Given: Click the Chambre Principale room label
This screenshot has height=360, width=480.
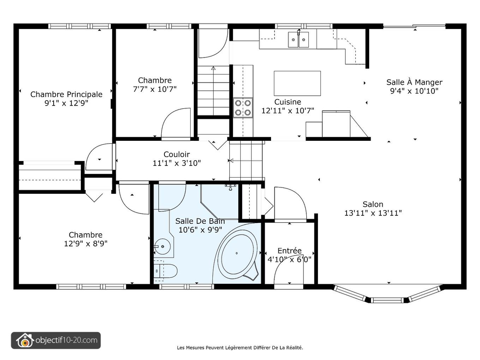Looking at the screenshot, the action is point(66,95).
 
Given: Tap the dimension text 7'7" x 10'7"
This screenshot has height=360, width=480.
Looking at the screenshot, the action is point(155,89).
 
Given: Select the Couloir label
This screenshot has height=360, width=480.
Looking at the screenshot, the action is point(177,154).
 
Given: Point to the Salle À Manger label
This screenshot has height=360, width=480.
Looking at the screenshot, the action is point(414,82).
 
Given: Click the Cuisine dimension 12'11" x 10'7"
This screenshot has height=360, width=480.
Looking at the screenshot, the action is point(288,111).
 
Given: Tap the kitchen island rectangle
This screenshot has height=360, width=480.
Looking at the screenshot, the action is point(298,83).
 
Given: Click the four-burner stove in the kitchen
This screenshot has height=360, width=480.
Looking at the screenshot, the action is point(243,108).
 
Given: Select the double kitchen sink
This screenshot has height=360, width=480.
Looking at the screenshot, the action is point(299,40).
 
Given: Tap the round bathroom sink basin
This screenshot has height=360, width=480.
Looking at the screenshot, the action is point(162,247).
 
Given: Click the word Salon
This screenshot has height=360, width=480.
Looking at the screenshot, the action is point(373,204).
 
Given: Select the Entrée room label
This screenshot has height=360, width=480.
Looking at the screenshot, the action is point(289,251).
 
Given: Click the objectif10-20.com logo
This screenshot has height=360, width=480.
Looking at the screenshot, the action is point(56,340).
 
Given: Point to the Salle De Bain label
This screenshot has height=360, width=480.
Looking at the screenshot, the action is point(200,221).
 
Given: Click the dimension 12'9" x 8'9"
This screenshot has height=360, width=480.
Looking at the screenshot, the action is point(86,244).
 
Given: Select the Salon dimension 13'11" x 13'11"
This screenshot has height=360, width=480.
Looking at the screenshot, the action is point(373,213).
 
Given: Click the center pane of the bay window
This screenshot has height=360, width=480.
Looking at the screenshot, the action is point(388,300).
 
